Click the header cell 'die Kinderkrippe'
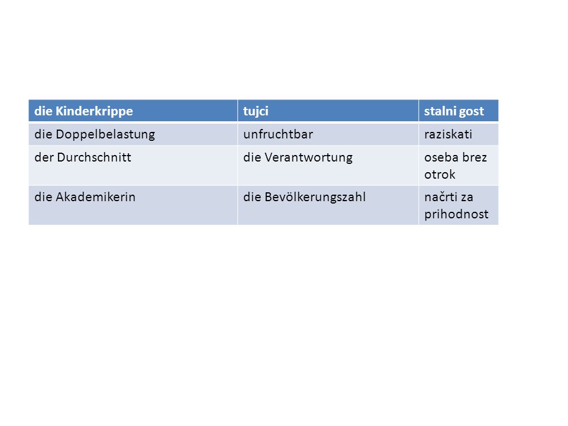133,111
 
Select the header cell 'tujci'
328,111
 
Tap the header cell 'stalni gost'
459,111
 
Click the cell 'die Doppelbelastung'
133,134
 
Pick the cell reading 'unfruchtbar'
328,134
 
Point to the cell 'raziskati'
459,134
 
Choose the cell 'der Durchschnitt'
133,166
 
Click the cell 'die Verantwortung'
328,166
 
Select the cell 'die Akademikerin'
133,205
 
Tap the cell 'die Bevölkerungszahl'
328,205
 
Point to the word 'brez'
475,157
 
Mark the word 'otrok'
440,175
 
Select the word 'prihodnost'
456,214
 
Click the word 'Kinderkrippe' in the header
94,111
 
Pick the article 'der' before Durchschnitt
44,157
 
